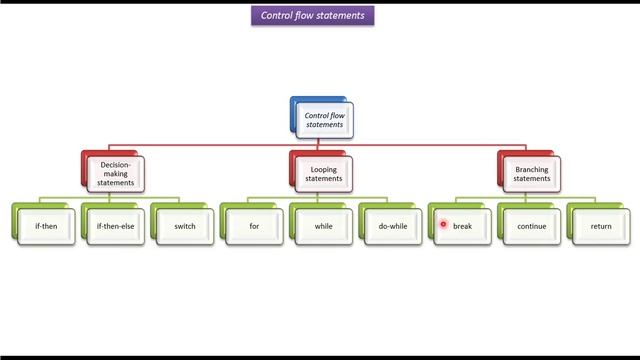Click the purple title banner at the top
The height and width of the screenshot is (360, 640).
(313, 16)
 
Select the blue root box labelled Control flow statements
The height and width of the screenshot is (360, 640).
(323, 121)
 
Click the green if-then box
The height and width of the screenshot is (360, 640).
(46, 226)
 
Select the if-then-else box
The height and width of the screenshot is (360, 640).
(116, 226)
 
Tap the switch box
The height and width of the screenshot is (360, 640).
(185, 226)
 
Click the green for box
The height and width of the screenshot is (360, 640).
(254, 226)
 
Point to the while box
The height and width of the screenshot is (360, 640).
(323, 226)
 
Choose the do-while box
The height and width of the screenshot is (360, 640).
(392, 226)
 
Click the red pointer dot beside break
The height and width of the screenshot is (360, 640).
(443, 225)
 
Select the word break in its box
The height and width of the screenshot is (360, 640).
(462, 226)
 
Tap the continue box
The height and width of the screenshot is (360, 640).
(531, 226)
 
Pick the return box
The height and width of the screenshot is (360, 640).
(600, 226)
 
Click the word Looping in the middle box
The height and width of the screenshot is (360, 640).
(324, 170)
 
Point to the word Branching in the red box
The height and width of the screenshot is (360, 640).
(532, 170)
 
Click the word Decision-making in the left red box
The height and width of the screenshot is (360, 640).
(117, 164)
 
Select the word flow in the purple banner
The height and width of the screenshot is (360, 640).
(306, 16)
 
